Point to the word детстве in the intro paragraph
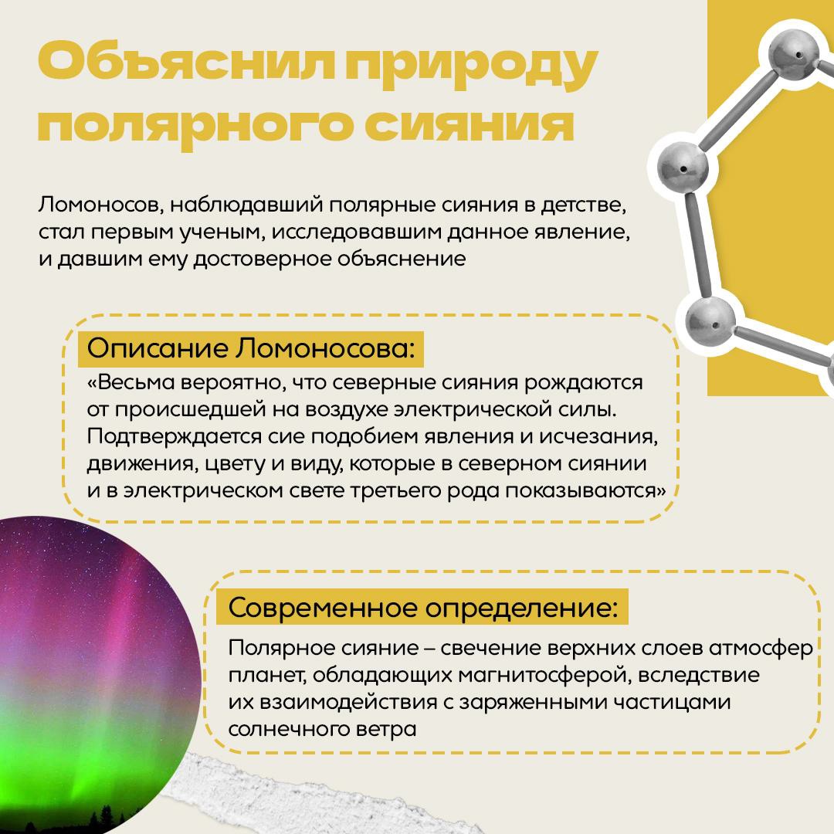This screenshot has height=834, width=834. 584,205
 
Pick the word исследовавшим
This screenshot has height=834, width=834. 355,232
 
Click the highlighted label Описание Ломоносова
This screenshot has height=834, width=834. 250,349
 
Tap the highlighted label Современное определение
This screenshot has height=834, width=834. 422,607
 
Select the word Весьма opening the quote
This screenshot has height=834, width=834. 131,382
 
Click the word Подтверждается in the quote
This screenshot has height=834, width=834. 175,437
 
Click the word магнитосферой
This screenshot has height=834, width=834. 544,676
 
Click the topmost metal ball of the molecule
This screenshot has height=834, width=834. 795,55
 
